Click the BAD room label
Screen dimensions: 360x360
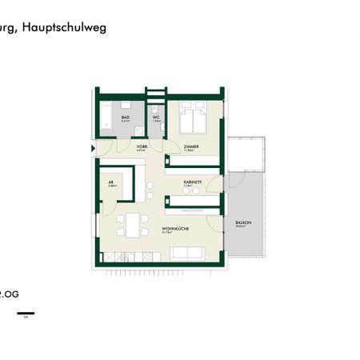coord(126,117)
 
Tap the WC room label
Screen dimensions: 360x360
coord(157,117)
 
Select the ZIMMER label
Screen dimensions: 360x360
coord(190,147)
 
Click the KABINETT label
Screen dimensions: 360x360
coord(191,182)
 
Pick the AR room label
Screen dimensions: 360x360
coord(112,182)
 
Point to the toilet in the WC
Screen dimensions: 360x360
coord(158,130)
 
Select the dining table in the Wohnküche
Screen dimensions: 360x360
coord(130,225)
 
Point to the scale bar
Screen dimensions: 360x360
coord(26,312)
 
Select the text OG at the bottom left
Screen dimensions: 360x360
coord(10,293)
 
